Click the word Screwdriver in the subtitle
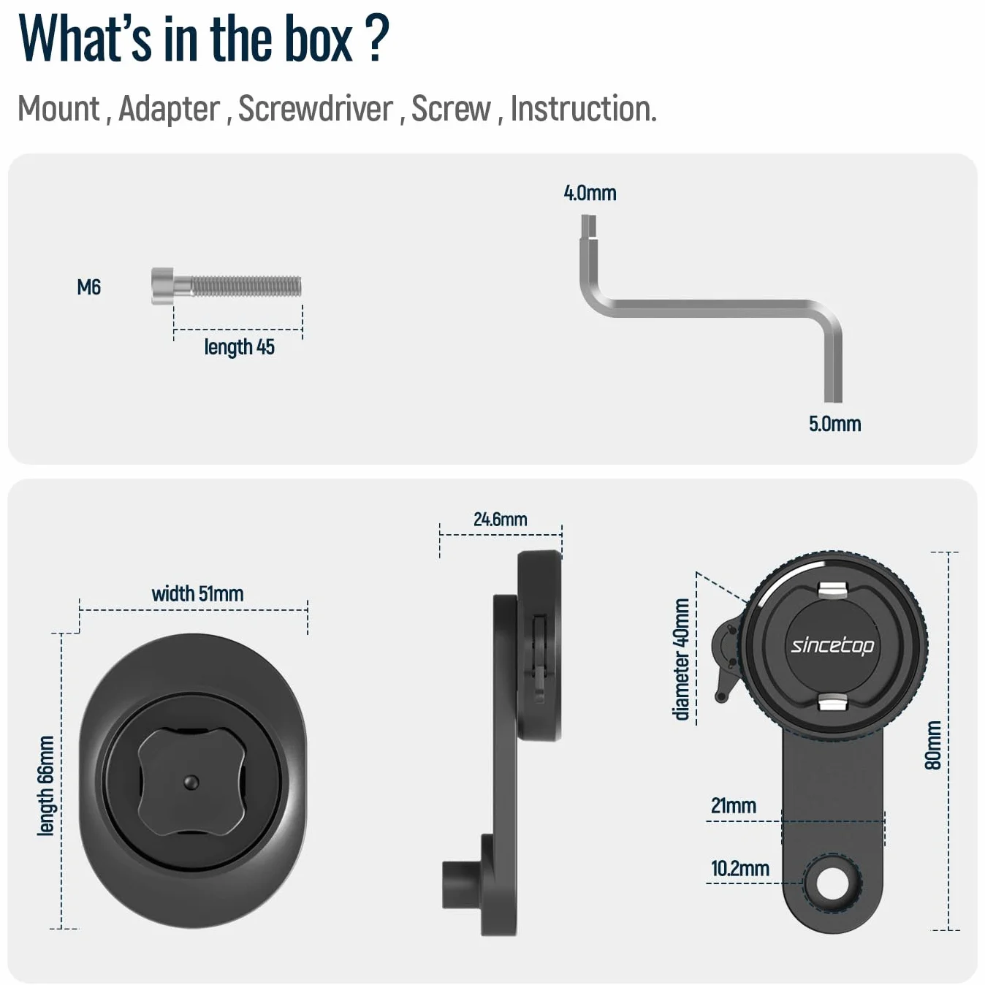pyautogui.click(x=316, y=108)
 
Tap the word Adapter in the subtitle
pyautogui.click(x=169, y=108)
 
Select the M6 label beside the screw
pyautogui.click(x=89, y=287)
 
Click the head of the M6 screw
pyautogui.click(x=162, y=286)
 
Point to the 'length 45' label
pyautogui.click(x=239, y=347)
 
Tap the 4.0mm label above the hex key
pyautogui.click(x=590, y=193)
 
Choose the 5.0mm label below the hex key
pyautogui.click(x=834, y=424)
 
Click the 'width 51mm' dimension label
pyautogui.click(x=197, y=594)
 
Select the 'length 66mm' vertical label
pyautogui.click(x=46, y=786)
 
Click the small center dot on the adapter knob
pyautogui.click(x=191, y=782)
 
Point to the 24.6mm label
pyautogui.click(x=500, y=520)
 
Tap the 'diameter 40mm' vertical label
pyautogui.click(x=681, y=659)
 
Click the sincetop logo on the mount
pyautogui.click(x=832, y=646)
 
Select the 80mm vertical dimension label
pyautogui.click(x=933, y=745)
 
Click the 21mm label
pyautogui.click(x=734, y=806)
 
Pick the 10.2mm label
pyautogui.click(x=739, y=869)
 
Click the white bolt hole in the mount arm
pyautogui.click(x=832, y=883)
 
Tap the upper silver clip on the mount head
pyautogui.click(x=832, y=590)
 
